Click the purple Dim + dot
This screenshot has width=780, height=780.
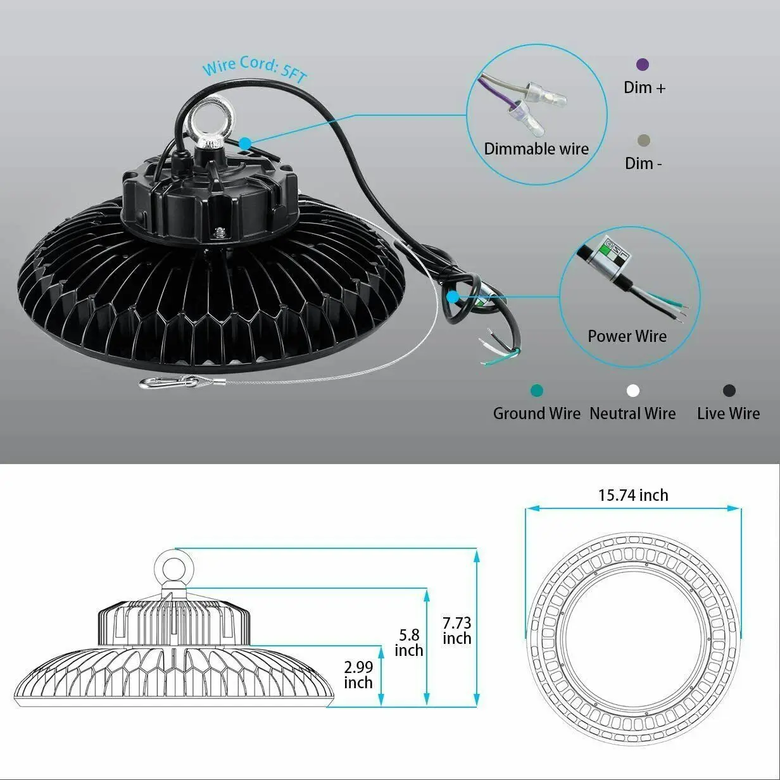point(643,65)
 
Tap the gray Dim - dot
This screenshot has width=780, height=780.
point(644,141)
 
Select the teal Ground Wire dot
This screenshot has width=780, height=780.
point(538,391)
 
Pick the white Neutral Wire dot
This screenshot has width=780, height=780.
point(633,391)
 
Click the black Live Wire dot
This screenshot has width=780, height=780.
point(729,391)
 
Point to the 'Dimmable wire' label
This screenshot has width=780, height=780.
point(536,149)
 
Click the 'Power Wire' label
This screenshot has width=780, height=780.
point(627,336)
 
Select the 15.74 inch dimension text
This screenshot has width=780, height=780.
point(633,495)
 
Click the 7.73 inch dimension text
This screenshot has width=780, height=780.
point(456,631)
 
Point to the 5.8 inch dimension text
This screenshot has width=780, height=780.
point(409,643)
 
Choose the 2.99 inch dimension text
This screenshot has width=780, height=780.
point(358,674)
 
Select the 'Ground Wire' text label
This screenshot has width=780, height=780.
point(537,413)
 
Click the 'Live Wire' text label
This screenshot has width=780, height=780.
point(728,413)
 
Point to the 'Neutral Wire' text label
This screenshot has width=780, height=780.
point(632,413)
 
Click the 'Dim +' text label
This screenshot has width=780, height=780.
point(645,87)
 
